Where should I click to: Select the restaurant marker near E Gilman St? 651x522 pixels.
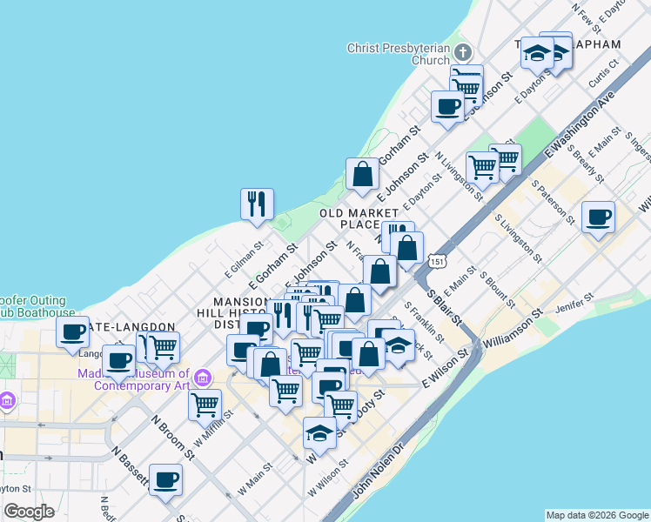[257, 204]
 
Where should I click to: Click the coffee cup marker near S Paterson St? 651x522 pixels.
[598, 217]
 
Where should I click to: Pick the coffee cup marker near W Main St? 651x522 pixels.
[165, 480]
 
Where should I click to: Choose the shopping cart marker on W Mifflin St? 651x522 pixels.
[205, 405]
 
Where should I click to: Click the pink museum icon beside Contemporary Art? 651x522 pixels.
[203, 378]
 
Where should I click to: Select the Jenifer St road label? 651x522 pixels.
[576, 301]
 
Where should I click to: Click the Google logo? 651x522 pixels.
[29, 511]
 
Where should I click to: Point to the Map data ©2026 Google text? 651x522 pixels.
[597, 515]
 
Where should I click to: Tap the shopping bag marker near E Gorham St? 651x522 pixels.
[362, 174]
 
